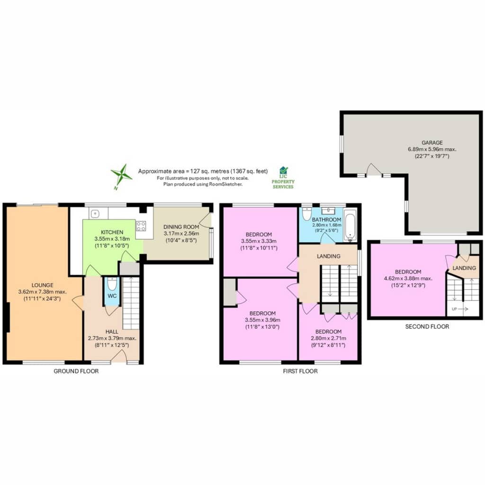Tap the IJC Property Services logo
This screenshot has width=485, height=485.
pyautogui.click(x=283, y=178)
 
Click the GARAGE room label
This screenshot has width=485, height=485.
pyautogui.click(x=432, y=143)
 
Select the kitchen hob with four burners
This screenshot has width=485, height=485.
pyautogui.click(x=141, y=226)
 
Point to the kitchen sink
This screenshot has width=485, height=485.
pyautogui.click(x=95, y=213)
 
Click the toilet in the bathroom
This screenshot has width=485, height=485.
pyautogui.click(x=306, y=214)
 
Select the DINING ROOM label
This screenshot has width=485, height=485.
pyautogui.click(x=181, y=227)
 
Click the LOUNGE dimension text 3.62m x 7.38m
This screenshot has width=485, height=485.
pyautogui.click(x=42, y=292)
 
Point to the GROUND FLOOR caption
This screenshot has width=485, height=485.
pyautogui.click(x=76, y=371)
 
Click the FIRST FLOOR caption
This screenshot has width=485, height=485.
pyautogui.click(x=300, y=371)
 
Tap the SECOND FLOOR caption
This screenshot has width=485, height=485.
pyautogui.click(x=427, y=327)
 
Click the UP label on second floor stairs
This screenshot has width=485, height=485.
pyautogui.click(x=454, y=309)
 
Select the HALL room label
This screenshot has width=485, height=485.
pyautogui.click(x=112, y=332)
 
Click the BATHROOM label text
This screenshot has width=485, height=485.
pyautogui.click(x=327, y=220)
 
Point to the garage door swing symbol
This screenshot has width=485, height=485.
pyautogui.click(x=374, y=170)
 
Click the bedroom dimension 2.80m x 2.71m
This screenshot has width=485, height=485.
pyautogui.click(x=329, y=338)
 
